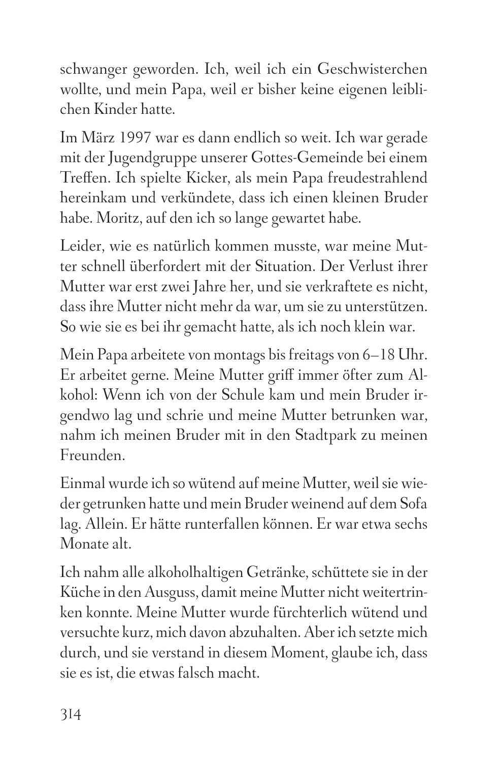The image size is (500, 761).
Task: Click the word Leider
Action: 78,247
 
